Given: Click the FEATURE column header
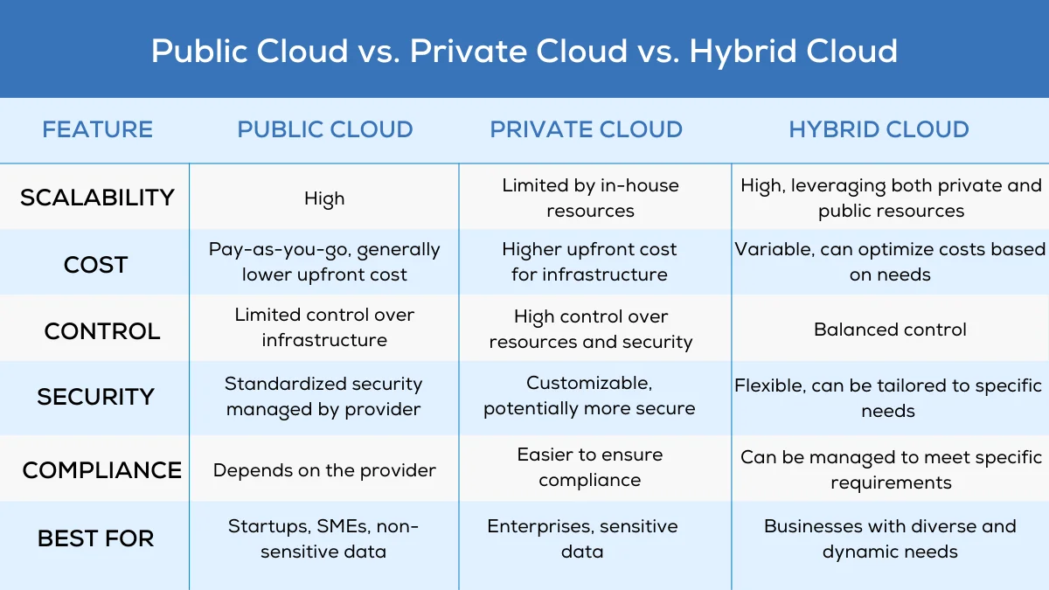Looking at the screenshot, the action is pyautogui.click(x=97, y=129).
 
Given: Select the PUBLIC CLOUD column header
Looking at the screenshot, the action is pyautogui.click(x=325, y=129).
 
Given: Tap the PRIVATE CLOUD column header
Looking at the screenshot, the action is pyautogui.click(x=586, y=129).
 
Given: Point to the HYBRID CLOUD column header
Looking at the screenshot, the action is pyautogui.click(x=879, y=129).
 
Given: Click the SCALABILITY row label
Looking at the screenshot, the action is pyautogui.click(x=97, y=198).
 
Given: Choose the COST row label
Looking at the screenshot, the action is pyautogui.click(x=95, y=265).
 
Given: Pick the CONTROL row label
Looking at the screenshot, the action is pyautogui.click(x=102, y=331).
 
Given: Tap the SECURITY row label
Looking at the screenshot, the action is pyautogui.click(x=95, y=397).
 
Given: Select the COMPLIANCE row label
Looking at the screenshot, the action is pyautogui.click(x=101, y=470).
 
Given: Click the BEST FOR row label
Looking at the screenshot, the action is pyautogui.click(x=95, y=538).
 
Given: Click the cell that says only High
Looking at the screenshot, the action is pyautogui.click(x=324, y=199).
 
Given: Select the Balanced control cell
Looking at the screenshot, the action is pyautogui.click(x=890, y=330).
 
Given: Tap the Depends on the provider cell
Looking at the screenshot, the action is pyautogui.click(x=324, y=470).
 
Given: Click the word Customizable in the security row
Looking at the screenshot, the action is pyautogui.click(x=589, y=384).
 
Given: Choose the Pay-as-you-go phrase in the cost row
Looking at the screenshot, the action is pyautogui.click(x=278, y=250).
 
